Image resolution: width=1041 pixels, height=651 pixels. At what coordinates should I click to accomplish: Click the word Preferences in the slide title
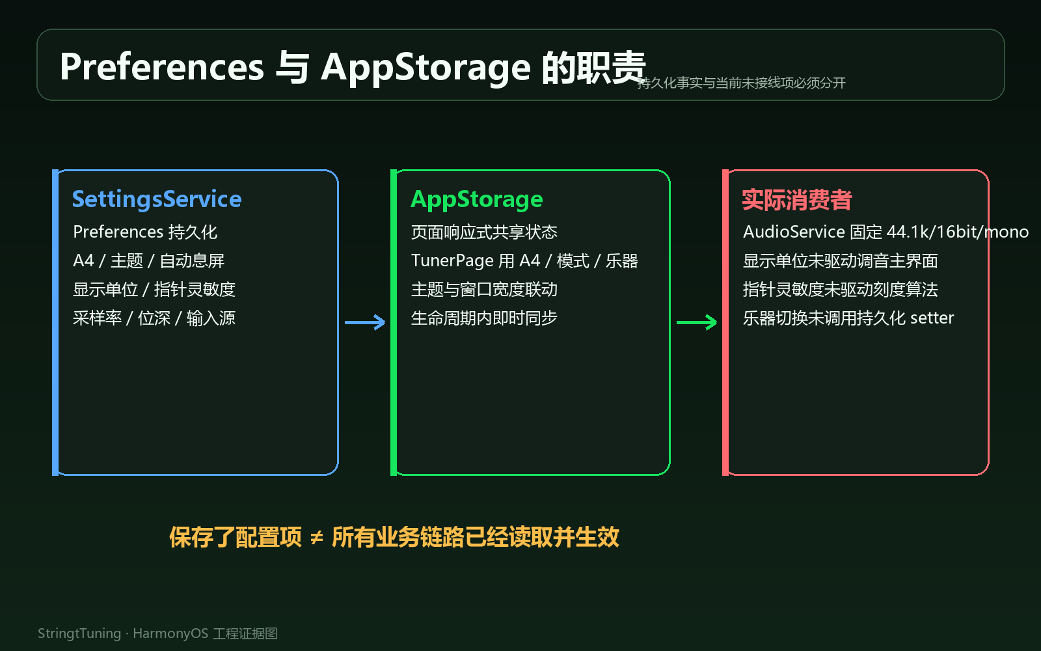162,67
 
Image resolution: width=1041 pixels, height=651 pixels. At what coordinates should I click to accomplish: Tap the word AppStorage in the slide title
426,68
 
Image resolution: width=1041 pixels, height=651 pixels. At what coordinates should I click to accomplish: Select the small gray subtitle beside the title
741,83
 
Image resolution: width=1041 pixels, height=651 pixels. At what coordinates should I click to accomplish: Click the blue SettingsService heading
157,199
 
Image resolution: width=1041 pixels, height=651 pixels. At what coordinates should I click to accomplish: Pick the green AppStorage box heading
477,200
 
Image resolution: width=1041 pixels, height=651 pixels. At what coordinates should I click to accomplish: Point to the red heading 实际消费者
796,200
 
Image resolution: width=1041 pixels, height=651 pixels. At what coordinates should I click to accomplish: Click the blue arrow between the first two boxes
365,322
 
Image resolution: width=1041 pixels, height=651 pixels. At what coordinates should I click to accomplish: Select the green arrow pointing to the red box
697,322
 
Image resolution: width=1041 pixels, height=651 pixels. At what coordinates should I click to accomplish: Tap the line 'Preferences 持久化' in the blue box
145,232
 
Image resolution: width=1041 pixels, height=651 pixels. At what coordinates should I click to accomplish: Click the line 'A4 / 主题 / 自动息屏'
149,260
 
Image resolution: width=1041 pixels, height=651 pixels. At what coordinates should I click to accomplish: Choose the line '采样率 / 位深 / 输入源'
154,318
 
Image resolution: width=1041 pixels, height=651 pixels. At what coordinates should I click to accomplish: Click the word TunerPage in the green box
452,261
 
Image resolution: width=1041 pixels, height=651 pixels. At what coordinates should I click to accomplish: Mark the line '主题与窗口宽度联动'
484,289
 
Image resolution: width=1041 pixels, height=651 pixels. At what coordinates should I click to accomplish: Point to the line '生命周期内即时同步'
484,318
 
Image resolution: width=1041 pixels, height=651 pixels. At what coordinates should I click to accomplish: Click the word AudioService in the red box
794,232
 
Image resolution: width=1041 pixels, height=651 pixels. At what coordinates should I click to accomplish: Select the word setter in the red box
932,318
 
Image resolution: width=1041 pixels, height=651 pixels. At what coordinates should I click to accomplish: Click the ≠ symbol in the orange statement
316,538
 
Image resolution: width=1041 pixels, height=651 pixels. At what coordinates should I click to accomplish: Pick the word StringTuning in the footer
79,633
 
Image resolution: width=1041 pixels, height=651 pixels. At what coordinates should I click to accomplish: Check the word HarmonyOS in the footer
170,633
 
